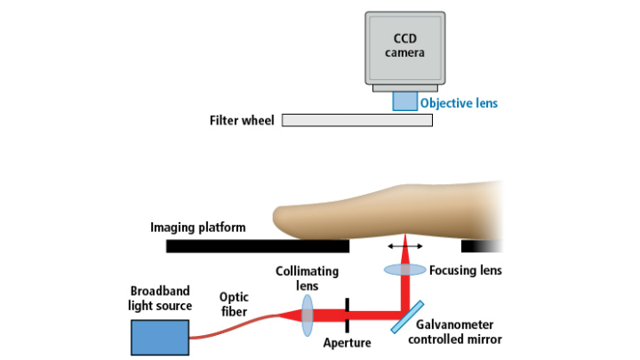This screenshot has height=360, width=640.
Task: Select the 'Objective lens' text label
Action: tap(459, 103)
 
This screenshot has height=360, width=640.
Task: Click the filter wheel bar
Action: tap(356, 120)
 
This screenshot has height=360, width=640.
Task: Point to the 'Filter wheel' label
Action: tap(242, 120)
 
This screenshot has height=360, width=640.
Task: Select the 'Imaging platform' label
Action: tap(197, 228)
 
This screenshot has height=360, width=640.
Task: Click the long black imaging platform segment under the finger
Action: tap(258, 245)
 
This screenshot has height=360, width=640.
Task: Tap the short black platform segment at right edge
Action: tap(481, 245)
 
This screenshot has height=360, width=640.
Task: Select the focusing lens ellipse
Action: tap(405, 269)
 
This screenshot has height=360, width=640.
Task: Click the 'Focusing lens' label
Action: tap(466, 270)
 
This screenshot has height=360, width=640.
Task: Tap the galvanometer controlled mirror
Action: tap(405, 316)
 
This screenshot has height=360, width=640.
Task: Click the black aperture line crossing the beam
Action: tap(348, 314)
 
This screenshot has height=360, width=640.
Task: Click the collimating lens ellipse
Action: tap(308, 316)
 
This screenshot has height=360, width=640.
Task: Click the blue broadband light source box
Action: tap(159, 338)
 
